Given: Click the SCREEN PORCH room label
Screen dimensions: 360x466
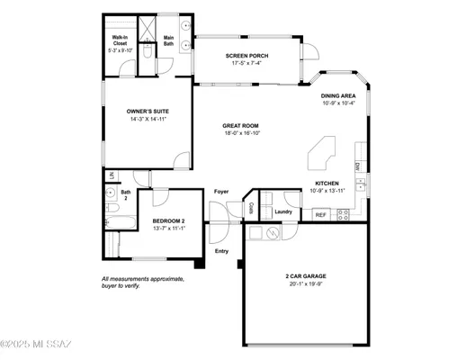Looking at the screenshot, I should (246, 56).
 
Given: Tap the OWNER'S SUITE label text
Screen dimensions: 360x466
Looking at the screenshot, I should (148, 111).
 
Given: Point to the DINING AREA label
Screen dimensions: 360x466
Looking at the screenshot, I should (339, 95).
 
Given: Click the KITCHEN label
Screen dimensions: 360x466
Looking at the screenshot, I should (327, 184).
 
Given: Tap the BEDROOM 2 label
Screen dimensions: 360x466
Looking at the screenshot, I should (168, 220).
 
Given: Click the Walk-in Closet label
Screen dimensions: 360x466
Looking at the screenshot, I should (120, 40).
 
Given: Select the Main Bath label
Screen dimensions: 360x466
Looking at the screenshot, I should (168, 40).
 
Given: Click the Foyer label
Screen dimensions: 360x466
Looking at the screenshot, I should (221, 192).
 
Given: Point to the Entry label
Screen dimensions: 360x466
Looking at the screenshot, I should (221, 251).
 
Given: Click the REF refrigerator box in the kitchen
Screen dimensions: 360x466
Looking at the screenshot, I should (320, 215).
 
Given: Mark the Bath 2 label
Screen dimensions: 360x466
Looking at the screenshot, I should (126, 194).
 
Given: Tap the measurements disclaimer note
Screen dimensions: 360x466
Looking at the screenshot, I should (143, 282).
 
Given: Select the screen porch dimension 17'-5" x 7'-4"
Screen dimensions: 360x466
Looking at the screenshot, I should (246, 64).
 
